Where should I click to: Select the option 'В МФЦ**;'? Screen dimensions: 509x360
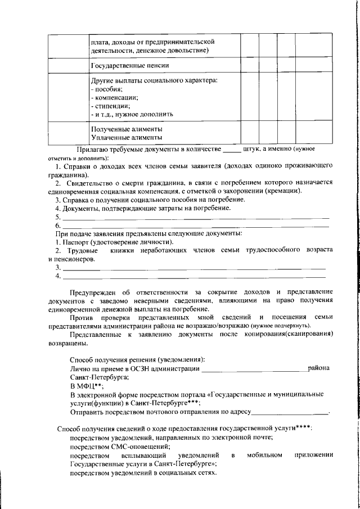(x=86, y=387)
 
